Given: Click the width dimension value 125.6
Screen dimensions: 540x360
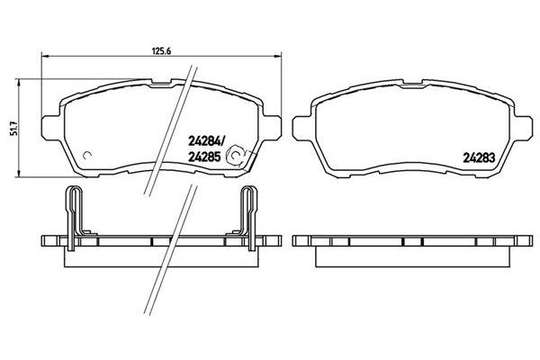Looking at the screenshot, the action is [x=162, y=51].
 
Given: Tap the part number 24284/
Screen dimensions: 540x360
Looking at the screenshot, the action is [x=206, y=141].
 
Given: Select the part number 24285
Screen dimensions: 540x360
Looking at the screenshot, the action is [x=204, y=157].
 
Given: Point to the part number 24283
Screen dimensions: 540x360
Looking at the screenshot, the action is [x=479, y=157].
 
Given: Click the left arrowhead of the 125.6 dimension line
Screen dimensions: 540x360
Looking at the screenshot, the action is [x=45, y=56].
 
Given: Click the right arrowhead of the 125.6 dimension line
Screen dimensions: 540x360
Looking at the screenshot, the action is [x=278, y=56].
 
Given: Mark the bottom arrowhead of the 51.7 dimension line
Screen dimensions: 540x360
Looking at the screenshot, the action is [x=19, y=174].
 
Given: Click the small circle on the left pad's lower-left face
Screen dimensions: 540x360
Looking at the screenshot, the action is [x=85, y=156].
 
